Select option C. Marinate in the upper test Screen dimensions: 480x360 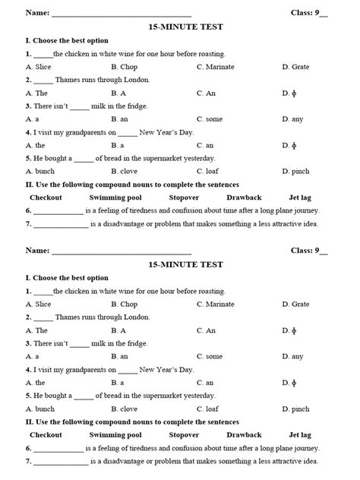click(215, 68)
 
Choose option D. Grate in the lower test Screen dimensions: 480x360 click(295, 304)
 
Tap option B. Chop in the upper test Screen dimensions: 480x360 click(125, 68)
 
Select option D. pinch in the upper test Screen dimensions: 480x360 click(295, 171)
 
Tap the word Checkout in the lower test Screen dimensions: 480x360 click(46, 435)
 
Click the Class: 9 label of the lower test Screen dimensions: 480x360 click(308, 250)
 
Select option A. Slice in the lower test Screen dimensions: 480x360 click(38, 304)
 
